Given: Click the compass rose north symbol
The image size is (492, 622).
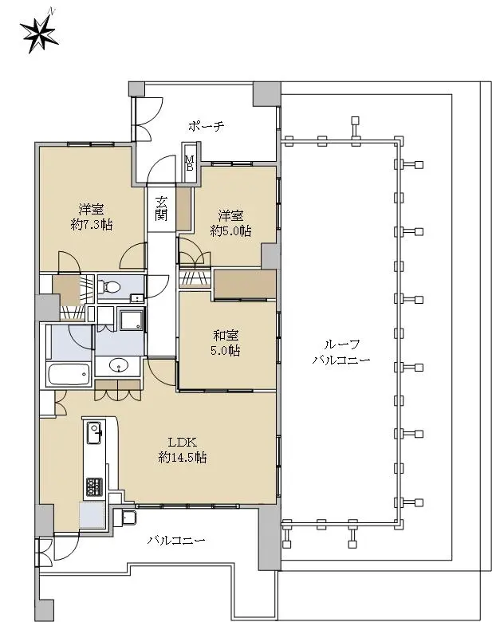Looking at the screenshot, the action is click(x=39, y=33).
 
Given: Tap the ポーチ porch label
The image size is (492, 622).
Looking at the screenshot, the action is click(x=207, y=127).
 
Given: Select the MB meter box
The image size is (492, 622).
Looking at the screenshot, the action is click(x=190, y=162).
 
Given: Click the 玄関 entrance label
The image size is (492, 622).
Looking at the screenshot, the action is click(x=161, y=209).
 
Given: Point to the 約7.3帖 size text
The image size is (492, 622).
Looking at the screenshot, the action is click(x=91, y=225).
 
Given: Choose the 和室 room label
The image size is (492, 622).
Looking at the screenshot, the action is click(x=226, y=336).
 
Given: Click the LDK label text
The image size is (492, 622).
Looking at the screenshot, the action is click(x=183, y=443).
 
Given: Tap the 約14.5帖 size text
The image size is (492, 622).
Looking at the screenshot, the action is click(x=183, y=458).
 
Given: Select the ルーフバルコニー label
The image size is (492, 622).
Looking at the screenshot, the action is click(x=341, y=352).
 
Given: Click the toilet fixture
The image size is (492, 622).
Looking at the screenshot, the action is click(x=110, y=285).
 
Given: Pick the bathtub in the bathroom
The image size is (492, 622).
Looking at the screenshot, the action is click(x=69, y=375).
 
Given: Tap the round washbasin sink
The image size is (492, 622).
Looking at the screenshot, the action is click(x=117, y=365).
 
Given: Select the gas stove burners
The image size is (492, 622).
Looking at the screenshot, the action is click(x=94, y=486).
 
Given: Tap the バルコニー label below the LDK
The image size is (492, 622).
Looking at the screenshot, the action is click(x=176, y=541).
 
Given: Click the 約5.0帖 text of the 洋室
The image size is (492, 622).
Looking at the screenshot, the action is click(x=230, y=231).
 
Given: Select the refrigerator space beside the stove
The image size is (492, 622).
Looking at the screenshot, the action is click(x=92, y=515).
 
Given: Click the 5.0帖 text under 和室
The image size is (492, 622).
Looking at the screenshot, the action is click(x=226, y=351).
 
